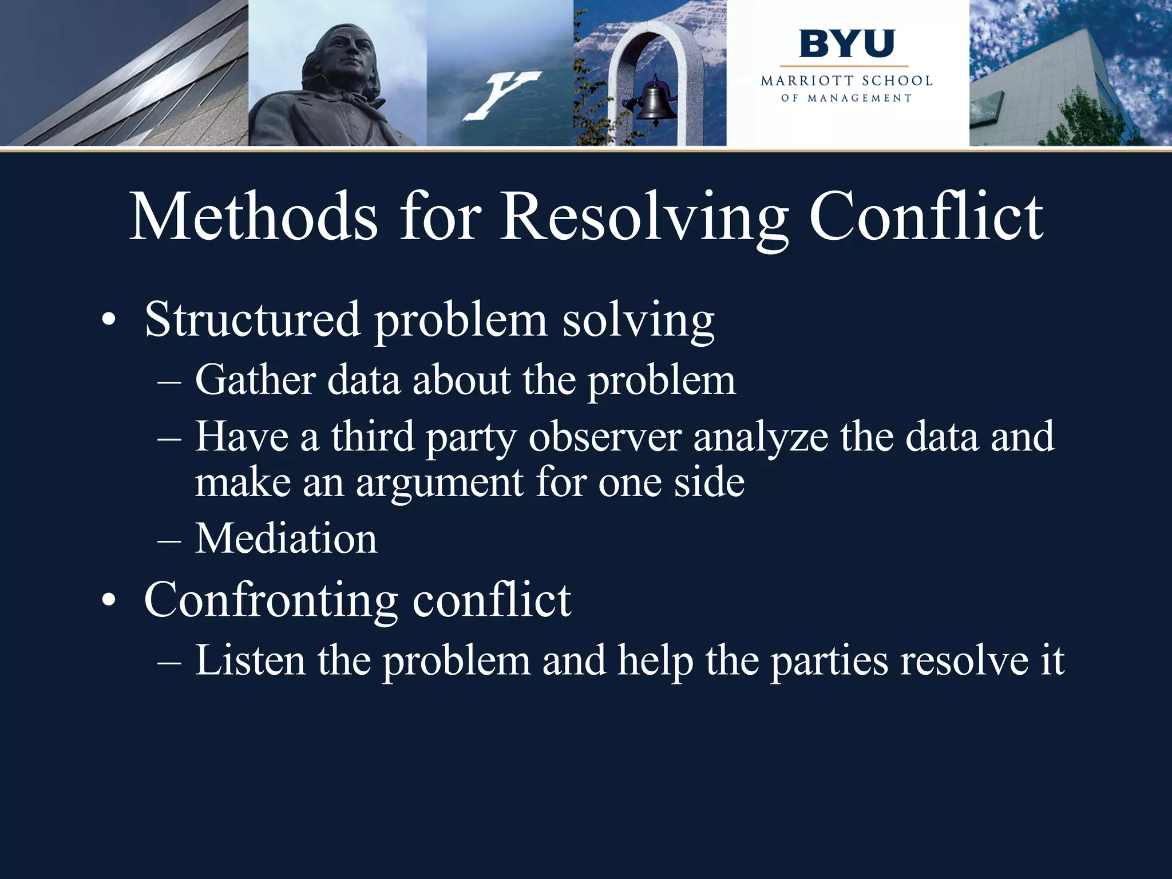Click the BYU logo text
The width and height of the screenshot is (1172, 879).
[x=846, y=44]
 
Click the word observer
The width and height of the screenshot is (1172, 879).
[x=605, y=437]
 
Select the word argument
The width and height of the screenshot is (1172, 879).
[x=439, y=482]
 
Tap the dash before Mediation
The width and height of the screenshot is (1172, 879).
[x=169, y=540]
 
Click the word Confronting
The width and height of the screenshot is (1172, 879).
[x=271, y=600]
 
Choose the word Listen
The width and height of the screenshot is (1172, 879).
[x=250, y=660]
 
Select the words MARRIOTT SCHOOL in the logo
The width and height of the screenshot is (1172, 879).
[x=846, y=81]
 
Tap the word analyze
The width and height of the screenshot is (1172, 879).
[x=761, y=437]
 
